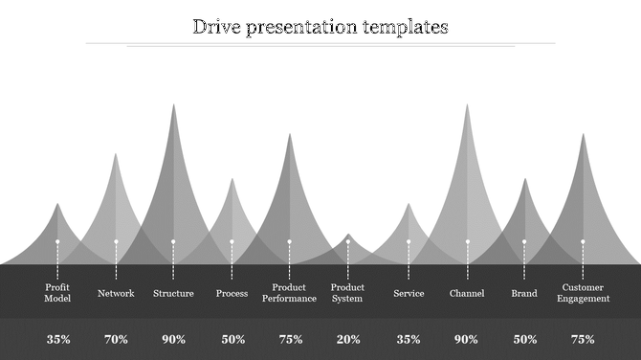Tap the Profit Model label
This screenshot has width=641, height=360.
(57, 292)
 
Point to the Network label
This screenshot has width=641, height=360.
(116, 293)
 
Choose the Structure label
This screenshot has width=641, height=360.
(173, 293)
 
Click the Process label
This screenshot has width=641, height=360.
(232, 293)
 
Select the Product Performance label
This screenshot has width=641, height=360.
(289, 292)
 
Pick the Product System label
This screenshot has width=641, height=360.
(347, 292)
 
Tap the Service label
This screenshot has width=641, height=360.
(409, 293)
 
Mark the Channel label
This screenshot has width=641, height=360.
(467, 293)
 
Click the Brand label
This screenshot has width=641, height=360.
(524, 293)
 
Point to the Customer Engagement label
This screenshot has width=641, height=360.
(584, 292)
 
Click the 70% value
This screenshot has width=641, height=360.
(116, 339)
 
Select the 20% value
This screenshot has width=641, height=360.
(348, 339)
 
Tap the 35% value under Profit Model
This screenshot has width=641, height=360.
(58, 339)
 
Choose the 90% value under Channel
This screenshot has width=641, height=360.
(467, 339)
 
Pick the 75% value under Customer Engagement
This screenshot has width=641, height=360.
(584, 339)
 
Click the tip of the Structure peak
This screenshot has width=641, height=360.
(173, 104)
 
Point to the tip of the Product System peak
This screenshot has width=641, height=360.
(348, 234)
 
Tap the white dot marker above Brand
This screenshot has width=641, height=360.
(524, 241)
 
